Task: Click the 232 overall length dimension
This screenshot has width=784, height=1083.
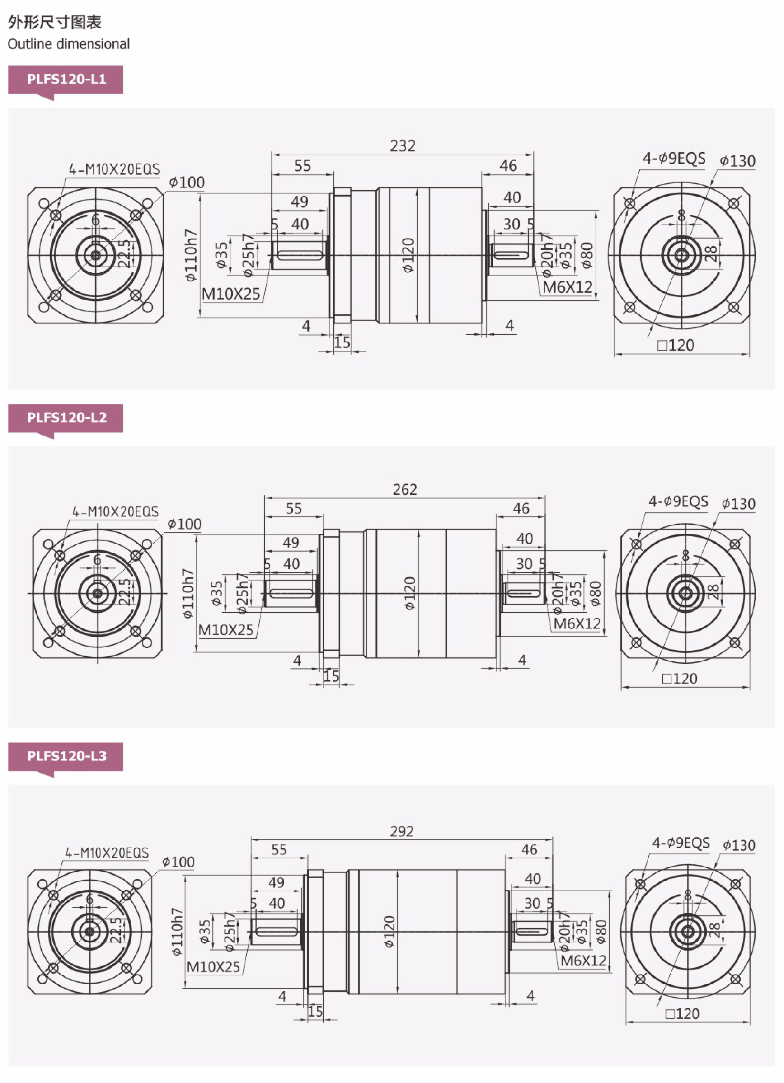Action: [402, 146]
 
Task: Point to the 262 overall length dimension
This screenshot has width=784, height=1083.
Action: [405, 489]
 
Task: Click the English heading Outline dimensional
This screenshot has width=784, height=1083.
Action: [69, 44]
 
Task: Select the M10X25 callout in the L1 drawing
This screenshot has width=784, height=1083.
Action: [230, 294]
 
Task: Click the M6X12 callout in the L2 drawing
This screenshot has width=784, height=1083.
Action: [577, 623]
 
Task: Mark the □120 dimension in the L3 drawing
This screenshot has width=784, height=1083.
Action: [682, 1013]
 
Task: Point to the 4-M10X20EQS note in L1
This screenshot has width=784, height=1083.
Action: [114, 169]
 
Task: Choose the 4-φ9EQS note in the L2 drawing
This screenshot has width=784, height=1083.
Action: [678, 501]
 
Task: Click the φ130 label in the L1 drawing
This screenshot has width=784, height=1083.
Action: [738, 161]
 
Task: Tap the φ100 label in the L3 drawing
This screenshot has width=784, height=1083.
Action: [178, 862]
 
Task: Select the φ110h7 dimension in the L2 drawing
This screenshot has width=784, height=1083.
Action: [188, 593]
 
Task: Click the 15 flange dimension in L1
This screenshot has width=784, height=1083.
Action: [342, 342]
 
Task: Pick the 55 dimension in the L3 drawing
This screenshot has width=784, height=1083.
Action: [279, 849]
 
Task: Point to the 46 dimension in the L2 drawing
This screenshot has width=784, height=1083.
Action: [521, 508]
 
